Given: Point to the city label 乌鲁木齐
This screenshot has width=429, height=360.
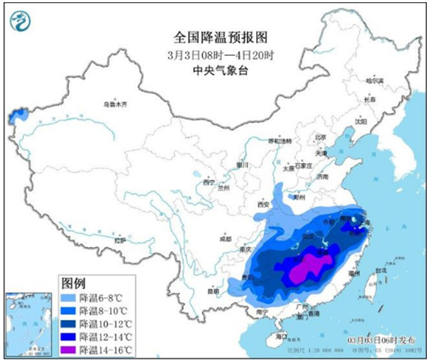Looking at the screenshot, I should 114,104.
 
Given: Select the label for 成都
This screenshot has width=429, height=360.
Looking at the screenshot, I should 224,239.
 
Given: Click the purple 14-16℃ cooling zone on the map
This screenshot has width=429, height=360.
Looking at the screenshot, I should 308,268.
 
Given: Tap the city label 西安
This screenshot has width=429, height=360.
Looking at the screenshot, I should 265,204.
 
